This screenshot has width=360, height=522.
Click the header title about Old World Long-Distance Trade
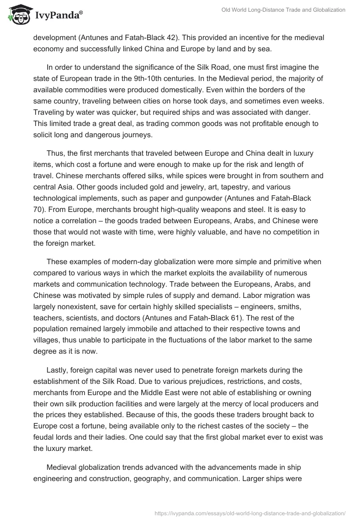(283, 10)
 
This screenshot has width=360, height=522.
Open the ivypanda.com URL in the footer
(249, 513)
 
